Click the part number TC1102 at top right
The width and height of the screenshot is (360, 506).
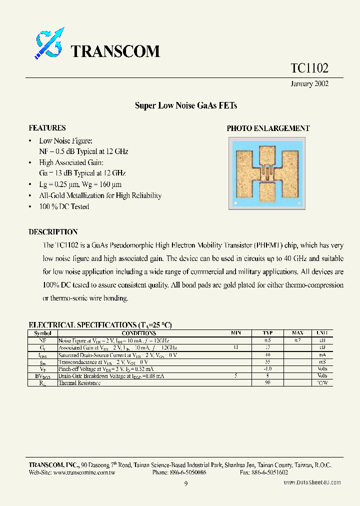(309, 68)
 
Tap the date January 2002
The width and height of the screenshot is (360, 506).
(309, 84)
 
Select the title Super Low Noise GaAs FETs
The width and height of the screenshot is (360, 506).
(185, 106)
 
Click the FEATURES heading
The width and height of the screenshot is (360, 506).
(47, 128)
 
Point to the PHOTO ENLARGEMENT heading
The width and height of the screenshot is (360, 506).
(268, 128)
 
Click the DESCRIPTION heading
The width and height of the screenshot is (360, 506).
(53, 232)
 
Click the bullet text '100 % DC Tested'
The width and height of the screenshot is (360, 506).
(64, 206)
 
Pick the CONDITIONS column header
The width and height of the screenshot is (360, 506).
(138, 333)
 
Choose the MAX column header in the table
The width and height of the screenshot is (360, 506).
(297, 333)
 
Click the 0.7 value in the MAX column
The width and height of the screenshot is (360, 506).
(297, 340)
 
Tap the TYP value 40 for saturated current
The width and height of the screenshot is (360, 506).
(268, 354)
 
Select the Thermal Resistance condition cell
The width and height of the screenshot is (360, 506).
(79, 383)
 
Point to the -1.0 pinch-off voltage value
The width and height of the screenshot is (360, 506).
(268, 368)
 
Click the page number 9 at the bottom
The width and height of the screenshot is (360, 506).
(185, 483)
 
